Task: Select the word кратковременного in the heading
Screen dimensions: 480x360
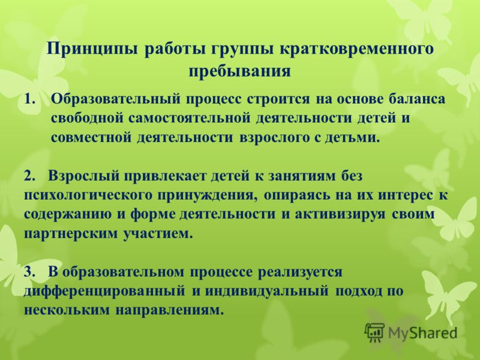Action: [x=356, y=50]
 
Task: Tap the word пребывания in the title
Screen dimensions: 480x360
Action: [x=239, y=71]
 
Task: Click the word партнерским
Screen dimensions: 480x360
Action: [x=70, y=233]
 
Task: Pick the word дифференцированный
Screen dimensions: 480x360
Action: [x=104, y=291]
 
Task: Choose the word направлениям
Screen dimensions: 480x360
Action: [x=169, y=310]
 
